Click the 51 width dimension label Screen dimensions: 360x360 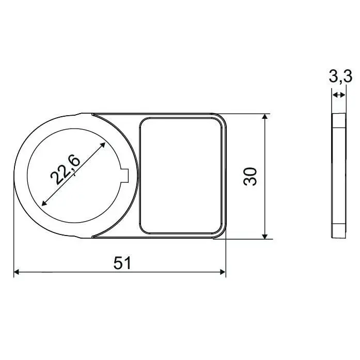click(x=122, y=263)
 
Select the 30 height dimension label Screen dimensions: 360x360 click(x=250, y=176)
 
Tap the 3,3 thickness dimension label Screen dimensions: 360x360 click(x=340, y=76)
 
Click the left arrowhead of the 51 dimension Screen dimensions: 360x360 click(x=17, y=272)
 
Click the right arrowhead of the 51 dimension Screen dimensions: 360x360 click(x=223, y=272)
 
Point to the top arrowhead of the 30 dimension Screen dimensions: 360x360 click(x=265, y=117)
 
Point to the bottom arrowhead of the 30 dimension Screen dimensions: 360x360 click(x=265, y=236)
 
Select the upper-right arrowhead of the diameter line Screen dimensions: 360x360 click(x=103, y=145)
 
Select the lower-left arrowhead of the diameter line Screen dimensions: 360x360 click(x=44, y=203)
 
